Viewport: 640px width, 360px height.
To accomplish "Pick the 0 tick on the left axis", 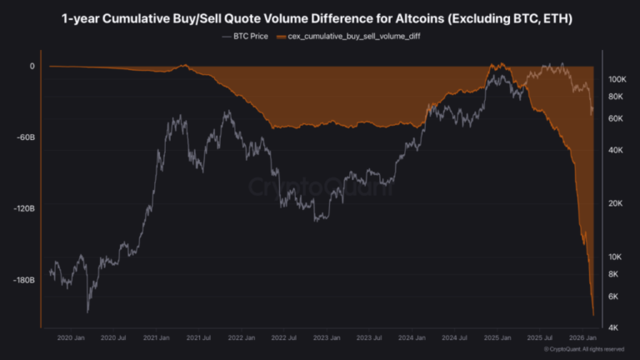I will tap(32, 66).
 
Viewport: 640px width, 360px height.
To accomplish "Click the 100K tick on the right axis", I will tap(617, 79).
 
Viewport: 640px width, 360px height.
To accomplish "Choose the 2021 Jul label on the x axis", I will tap(198, 337).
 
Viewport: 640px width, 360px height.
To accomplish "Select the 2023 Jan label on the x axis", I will tap(327, 337).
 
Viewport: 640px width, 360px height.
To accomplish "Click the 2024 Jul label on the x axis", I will tap(456, 337).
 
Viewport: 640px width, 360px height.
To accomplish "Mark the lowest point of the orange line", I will tap(592, 315).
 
